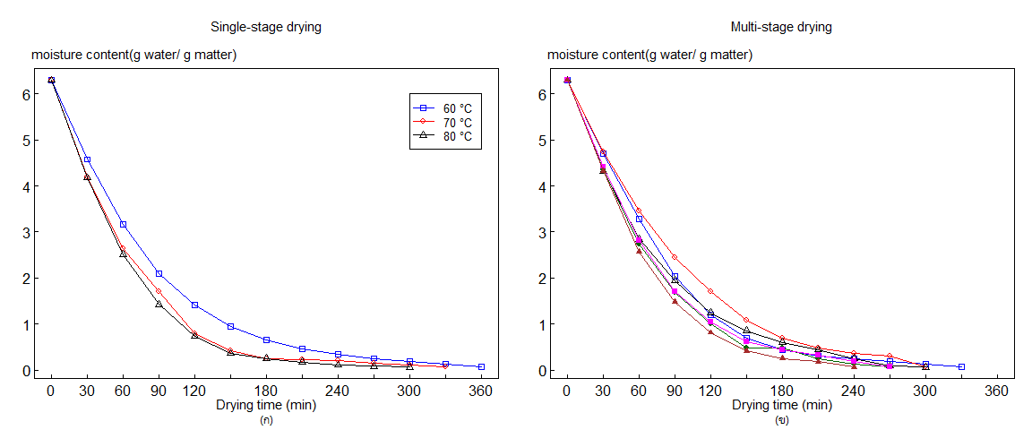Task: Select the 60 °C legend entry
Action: [455, 107]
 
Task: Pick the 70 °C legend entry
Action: [455, 122]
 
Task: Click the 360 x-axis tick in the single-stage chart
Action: [481, 391]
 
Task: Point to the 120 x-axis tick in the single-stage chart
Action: [194, 391]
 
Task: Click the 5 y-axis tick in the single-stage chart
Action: [27, 141]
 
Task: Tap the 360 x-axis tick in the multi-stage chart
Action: [997, 391]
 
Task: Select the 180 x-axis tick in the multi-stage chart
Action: [782, 391]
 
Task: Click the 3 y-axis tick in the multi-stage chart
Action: [542, 233]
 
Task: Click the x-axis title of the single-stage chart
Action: [266, 405]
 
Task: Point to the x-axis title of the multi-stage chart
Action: [782, 405]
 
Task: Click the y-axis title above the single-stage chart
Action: [134, 56]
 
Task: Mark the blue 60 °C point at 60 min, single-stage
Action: [123, 224]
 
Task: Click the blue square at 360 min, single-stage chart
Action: [481, 366]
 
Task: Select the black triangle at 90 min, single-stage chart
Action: [159, 304]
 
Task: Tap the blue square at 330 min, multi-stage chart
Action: [961, 366]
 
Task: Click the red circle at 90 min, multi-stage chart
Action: [675, 258]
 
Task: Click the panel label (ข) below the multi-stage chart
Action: [782, 419]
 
